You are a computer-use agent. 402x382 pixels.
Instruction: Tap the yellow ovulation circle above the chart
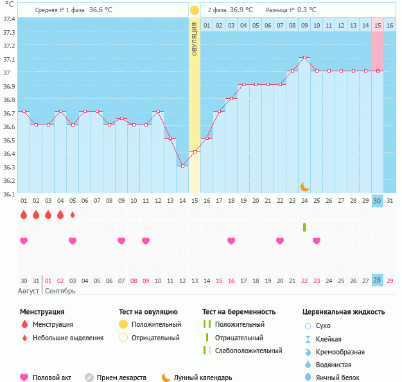195,10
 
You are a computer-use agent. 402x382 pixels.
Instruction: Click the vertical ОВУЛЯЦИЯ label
195,38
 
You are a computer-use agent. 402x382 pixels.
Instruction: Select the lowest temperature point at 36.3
182,166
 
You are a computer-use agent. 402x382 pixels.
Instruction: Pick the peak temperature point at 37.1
304,58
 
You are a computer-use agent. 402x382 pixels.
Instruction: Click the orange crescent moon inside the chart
304,187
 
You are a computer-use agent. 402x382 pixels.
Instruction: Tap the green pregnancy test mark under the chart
304,227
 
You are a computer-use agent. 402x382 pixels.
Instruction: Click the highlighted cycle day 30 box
378,201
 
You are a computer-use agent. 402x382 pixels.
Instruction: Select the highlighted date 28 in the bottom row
378,281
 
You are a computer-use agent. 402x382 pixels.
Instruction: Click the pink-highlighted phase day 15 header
378,26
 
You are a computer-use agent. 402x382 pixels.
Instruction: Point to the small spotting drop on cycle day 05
73,214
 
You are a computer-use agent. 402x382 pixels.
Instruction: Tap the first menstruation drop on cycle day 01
24,214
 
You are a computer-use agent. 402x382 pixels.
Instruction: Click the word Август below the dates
29,291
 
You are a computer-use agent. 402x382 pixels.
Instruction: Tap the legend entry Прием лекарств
121,378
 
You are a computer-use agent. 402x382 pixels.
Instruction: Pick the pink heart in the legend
24,378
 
